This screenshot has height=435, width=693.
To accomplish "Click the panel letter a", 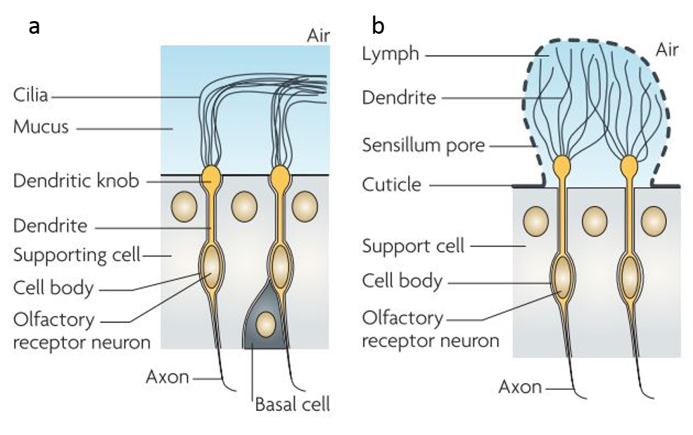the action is coord(34,27).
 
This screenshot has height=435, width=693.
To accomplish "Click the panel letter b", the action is coord(378,25).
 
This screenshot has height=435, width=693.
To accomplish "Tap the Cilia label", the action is coord(30,95).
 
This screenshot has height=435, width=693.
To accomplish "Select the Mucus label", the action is coord(41,127).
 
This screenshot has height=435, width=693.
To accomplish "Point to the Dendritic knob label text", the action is coord(76,181).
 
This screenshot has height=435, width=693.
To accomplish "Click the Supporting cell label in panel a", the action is coord(77,255).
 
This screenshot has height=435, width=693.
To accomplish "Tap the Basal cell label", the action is coord(293,404).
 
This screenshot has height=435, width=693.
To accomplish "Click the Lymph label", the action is coord(390,54).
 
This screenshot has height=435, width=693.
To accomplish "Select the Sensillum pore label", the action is coord(424,145).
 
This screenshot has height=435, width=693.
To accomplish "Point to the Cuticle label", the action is coord(392,184).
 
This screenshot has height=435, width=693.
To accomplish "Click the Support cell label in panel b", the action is coord(413,246).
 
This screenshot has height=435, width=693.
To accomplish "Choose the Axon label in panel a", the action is coord(167,377).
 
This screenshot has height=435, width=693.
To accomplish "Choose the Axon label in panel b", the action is coord(520,387).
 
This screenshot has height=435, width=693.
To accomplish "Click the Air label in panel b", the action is coord(667,49).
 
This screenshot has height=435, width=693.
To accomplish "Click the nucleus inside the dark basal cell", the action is coord(266,324).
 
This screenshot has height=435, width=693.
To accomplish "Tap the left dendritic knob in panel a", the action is coord(211,177).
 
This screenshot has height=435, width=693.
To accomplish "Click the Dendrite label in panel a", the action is coord(51,225).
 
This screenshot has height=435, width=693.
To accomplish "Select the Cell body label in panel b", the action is coord(402,281).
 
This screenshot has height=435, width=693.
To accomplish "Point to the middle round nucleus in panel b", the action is coord(595,221).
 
